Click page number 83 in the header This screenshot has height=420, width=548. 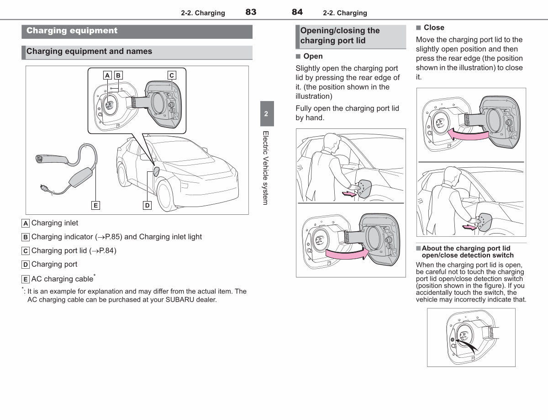pos(251,12)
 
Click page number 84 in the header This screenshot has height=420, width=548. pos(297,12)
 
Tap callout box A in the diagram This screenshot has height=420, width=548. pos(107,75)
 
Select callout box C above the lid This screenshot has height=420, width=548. pos(172,75)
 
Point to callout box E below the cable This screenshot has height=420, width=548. pos(95,205)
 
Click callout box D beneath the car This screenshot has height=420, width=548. pos(148,205)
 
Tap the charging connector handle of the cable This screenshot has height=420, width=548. pos(51,159)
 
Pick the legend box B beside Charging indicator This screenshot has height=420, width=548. pos(26,237)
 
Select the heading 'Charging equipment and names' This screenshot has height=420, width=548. pos(89,51)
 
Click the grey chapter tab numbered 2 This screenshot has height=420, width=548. pos(267,113)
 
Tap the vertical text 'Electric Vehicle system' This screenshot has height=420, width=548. pos(266,168)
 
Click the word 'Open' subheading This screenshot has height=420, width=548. pos(313,56)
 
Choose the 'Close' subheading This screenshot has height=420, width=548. pos(434,27)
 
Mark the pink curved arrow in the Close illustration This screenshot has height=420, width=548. pos(468,134)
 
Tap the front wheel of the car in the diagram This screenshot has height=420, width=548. pos(165,196)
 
